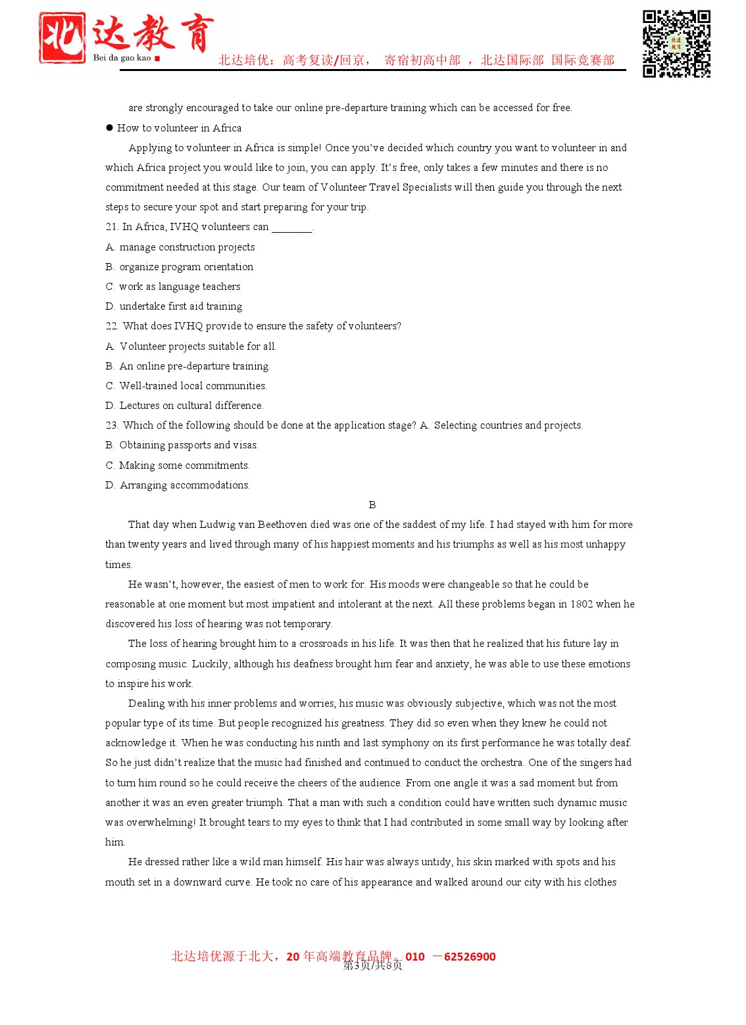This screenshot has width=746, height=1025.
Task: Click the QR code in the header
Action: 676,43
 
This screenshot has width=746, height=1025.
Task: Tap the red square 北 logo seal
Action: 62,38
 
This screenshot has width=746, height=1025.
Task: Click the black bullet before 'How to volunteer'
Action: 109,128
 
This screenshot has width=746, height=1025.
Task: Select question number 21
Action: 112,227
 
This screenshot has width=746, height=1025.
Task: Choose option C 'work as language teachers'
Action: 173,287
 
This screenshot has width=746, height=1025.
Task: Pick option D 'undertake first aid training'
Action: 174,306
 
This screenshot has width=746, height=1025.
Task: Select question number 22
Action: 112,326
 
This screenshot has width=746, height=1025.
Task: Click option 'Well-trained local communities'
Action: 186,386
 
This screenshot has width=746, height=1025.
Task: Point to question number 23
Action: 112,425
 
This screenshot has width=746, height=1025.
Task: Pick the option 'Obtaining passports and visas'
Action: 182,445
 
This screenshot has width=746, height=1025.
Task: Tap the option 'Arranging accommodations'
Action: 178,485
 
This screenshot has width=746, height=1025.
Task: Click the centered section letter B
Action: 372,505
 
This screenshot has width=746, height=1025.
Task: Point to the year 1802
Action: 581,604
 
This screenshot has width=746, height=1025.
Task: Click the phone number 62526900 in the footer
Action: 469,957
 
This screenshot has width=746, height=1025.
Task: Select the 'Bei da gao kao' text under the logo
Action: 122,58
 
